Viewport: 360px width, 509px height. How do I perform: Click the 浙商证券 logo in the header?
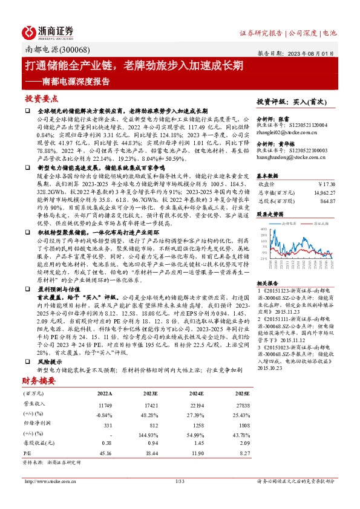48,31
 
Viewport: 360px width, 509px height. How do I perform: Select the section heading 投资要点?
42,98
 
